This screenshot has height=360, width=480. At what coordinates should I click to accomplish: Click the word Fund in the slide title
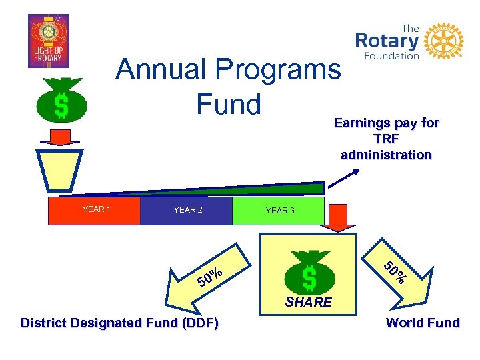click(x=228, y=104)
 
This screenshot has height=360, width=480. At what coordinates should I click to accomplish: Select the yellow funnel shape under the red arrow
click(x=60, y=171)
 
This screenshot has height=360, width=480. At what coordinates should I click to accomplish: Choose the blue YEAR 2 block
click(x=187, y=210)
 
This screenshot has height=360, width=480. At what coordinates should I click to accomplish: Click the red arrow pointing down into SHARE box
click(x=343, y=217)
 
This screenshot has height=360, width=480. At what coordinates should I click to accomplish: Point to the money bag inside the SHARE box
click(x=309, y=271)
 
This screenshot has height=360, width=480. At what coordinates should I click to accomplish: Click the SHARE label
click(x=309, y=302)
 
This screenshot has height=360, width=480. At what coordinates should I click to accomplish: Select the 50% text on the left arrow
click(x=209, y=276)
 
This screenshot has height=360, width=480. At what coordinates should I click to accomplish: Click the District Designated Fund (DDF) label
click(x=120, y=323)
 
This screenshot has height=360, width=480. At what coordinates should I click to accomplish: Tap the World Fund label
click(x=423, y=323)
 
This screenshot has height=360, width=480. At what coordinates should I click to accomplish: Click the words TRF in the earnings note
click(x=387, y=139)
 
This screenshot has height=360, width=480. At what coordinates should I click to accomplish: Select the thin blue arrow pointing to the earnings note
click(x=343, y=180)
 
